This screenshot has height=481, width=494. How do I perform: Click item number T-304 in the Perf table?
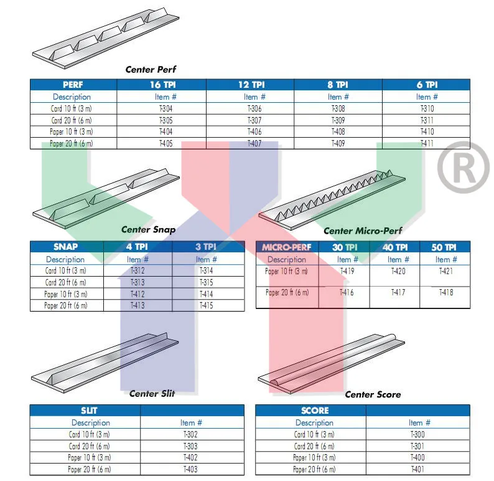click(x=165, y=108)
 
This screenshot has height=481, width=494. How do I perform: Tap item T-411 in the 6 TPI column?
click(x=427, y=143)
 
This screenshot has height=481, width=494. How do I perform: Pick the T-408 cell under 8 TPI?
click(x=338, y=131)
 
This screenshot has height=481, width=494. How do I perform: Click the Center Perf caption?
click(x=151, y=69)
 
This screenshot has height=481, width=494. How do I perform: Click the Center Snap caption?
click(x=148, y=229)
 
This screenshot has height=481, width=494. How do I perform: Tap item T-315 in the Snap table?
click(x=207, y=282)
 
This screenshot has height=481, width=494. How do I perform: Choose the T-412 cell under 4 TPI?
click(x=137, y=294)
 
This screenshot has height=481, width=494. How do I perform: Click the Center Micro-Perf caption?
click(x=363, y=231)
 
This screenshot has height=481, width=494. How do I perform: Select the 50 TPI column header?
click(x=445, y=247)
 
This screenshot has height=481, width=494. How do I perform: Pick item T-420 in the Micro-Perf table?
click(x=398, y=271)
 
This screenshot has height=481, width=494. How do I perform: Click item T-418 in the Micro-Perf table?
click(x=446, y=292)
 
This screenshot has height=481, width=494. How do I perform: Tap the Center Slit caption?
click(x=152, y=393)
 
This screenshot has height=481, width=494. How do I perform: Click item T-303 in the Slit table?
click(x=190, y=446)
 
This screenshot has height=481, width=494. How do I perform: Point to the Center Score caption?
click(x=373, y=394)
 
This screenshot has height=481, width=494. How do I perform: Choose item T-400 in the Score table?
click(x=417, y=458)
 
